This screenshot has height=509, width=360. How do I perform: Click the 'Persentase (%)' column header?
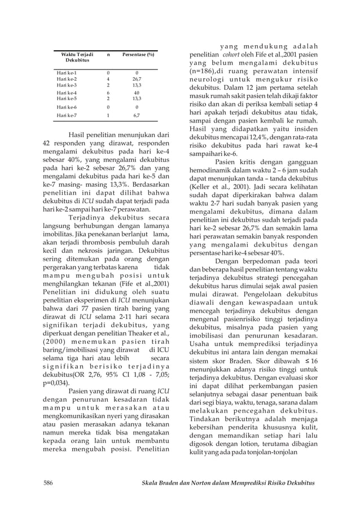pos(138,54)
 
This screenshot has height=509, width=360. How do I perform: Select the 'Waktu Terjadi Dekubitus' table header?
pos(74,56)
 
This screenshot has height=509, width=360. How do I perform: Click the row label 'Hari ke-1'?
pos(67,73)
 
